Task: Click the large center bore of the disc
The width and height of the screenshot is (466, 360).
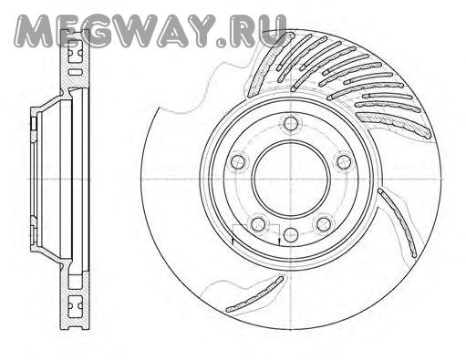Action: pyautogui.click(x=291, y=179)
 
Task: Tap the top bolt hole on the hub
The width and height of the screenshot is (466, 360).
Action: pyautogui.click(x=291, y=123)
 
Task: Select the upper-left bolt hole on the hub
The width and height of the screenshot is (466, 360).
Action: pyautogui.click(x=238, y=161)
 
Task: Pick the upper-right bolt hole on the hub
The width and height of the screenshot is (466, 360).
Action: pyautogui.click(x=343, y=161)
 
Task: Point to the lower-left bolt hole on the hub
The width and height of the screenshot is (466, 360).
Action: pyautogui.click(x=259, y=224)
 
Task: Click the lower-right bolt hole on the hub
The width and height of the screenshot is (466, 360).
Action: pyautogui.click(x=324, y=224)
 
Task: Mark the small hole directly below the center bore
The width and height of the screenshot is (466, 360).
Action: pyautogui.click(x=291, y=234)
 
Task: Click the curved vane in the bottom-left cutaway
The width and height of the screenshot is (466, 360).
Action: pyautogui.click(x=254, y=294)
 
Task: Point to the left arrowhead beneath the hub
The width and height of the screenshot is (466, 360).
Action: pyautogui.click(x=233, y=242)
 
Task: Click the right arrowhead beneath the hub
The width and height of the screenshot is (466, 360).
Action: pyautogui.click(x=279, y=242)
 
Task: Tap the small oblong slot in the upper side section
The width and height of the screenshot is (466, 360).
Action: pyautogui.click(x=75, y=72)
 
